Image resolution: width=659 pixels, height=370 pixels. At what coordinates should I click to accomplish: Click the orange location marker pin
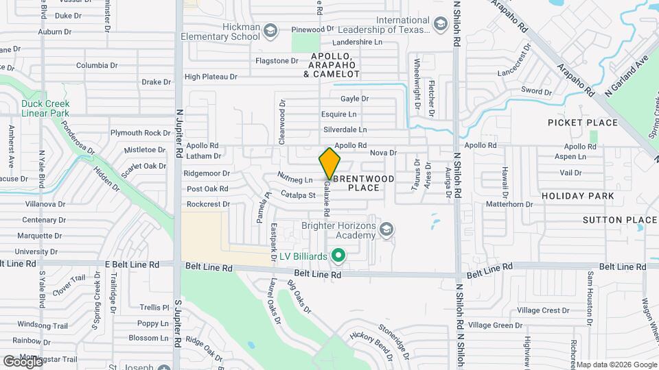(329, 163)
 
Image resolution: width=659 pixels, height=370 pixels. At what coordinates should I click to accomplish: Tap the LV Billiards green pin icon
(338, 256)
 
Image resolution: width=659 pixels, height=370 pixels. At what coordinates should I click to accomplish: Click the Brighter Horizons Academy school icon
(386, 230)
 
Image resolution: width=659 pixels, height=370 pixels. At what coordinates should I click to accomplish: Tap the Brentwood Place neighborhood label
(370, 183)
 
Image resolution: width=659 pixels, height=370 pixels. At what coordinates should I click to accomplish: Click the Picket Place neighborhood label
(583, 123)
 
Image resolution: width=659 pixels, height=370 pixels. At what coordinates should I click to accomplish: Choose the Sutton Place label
(620, 220)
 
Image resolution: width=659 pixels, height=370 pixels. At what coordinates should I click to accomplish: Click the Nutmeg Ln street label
(294, 178)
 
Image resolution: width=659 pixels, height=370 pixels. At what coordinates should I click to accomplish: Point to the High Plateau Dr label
(211, 77)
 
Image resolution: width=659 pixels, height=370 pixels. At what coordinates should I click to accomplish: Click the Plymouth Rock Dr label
(140, 133)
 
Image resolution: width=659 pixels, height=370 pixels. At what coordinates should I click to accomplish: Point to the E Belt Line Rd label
(132, 264)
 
